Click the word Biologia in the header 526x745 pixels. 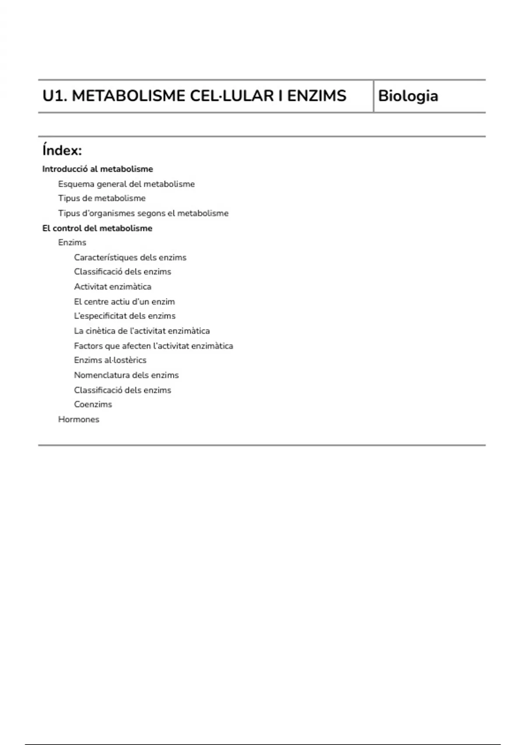pyautogui.click(x=408, y=96)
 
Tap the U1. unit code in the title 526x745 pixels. pyautogui.click(x=55, y=96)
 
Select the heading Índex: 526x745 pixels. pyautogui.click(x=62, y=151)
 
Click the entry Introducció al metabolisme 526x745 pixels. pyautogui.click(x=97, y=169)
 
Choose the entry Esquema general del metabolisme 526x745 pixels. pyautogui.click(x=126, y=184)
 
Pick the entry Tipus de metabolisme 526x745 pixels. pyautogui.click(x=102, y=198)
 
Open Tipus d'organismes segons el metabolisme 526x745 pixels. pyautogui.click(x=143, y=213)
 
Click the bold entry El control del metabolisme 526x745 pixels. pyautogui.click(x=97, y=228)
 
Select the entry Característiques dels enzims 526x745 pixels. pyautogui.click(x=130, y=258)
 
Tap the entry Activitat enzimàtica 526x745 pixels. pyautogui.click(x=113, y=287)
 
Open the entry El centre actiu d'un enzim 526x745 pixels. pyautogui.click(x=124, y=302)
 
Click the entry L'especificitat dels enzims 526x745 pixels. pyautogui.click(x=124, y=316)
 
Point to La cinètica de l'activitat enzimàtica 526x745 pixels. pyautogui.click(x=142, y=331)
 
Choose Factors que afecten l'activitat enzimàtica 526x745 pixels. pyautogui.click(x=153, y=346)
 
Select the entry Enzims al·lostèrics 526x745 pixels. pyautogui.click(x=110, y=360)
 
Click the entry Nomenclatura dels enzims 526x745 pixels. pyautogui.click(x=126, y=375)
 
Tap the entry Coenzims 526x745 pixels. pyautogui.click(x=93, y=404)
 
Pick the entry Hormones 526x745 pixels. pyautogui.click(x=79, y=419)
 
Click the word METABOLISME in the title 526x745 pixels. pyautogui.click(x=128, y=96)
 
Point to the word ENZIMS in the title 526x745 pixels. pyautogui.click(x=316, y=96)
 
